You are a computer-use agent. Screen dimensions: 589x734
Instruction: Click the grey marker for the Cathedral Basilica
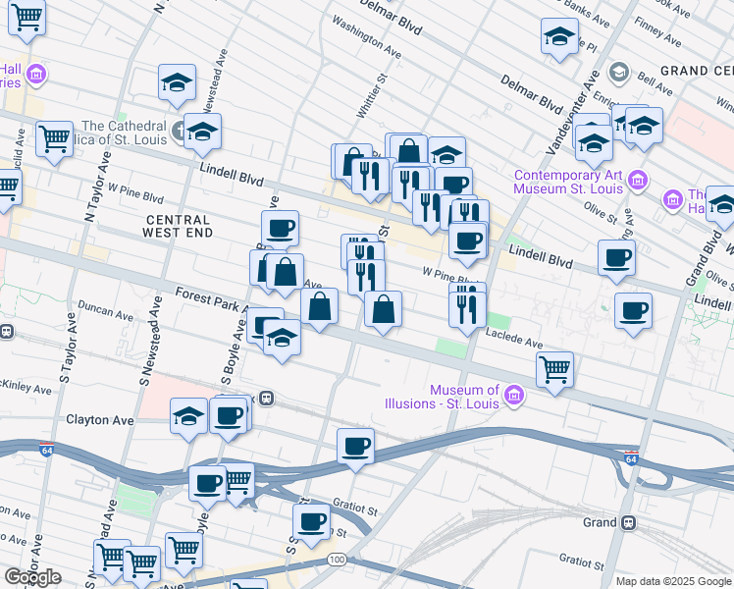(180, 130)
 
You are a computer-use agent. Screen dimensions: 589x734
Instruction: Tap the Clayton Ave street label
(99, 420)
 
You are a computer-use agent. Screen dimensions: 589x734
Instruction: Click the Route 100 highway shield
(337, 559)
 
